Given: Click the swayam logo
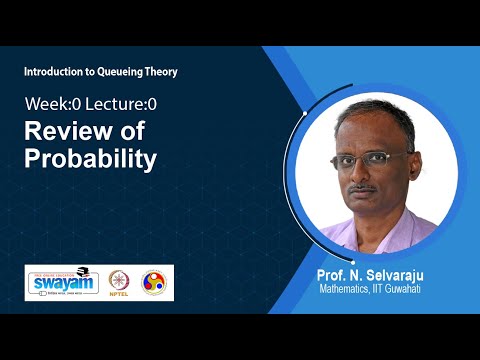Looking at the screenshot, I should (x=61, y=281).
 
